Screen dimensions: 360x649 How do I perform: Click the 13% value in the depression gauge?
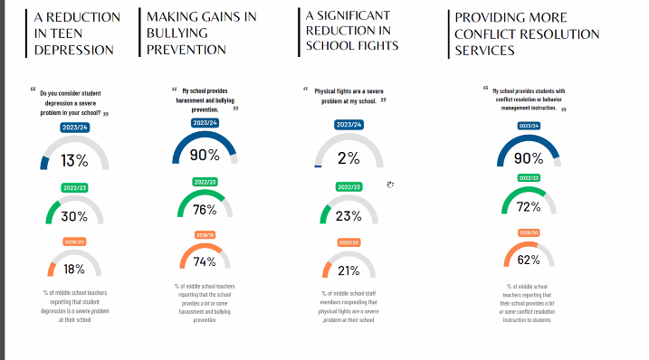pyautogui.click(x=74, y=160)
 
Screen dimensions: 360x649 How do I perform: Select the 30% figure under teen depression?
pyautogui.click(x=74, y=216)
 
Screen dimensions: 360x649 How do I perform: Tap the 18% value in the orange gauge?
pyautogui.click(x=74, y=269)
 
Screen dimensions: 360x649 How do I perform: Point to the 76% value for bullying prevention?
pyautogui.click(x=205, y=210)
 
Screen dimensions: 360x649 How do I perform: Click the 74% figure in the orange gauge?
pyautogui.click(x=205, y=262)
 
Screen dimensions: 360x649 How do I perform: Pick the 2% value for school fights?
pyautogui.click(x=348, y=157)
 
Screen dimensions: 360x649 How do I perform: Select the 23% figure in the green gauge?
pyautogui.click(x=348, y=216)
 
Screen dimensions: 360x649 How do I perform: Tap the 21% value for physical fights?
pyautogui.click(x=348, y=270)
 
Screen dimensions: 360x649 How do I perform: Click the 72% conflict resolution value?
pyautogui.click(x=529, y=207)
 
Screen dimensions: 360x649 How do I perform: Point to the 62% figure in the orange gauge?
pyautogui.click(x=529, y=260)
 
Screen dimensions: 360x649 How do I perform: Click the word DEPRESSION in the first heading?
pyautogui.click(x=74, y=49)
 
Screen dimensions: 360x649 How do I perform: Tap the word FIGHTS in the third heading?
pyautogui.click(x=375, y=45)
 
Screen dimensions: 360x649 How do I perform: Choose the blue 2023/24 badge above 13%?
pyautogui.click(x=74, y=128)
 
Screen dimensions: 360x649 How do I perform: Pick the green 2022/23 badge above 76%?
pyautogui.click(x=205, y=182)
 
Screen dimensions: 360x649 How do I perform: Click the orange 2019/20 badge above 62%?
pyautogui.click(x=529, y=232)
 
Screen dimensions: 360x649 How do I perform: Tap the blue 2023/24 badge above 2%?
pyautogui.click(x=348, y=125)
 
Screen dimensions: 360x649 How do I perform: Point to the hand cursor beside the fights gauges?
pyautogui.click(x=390, y=185)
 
